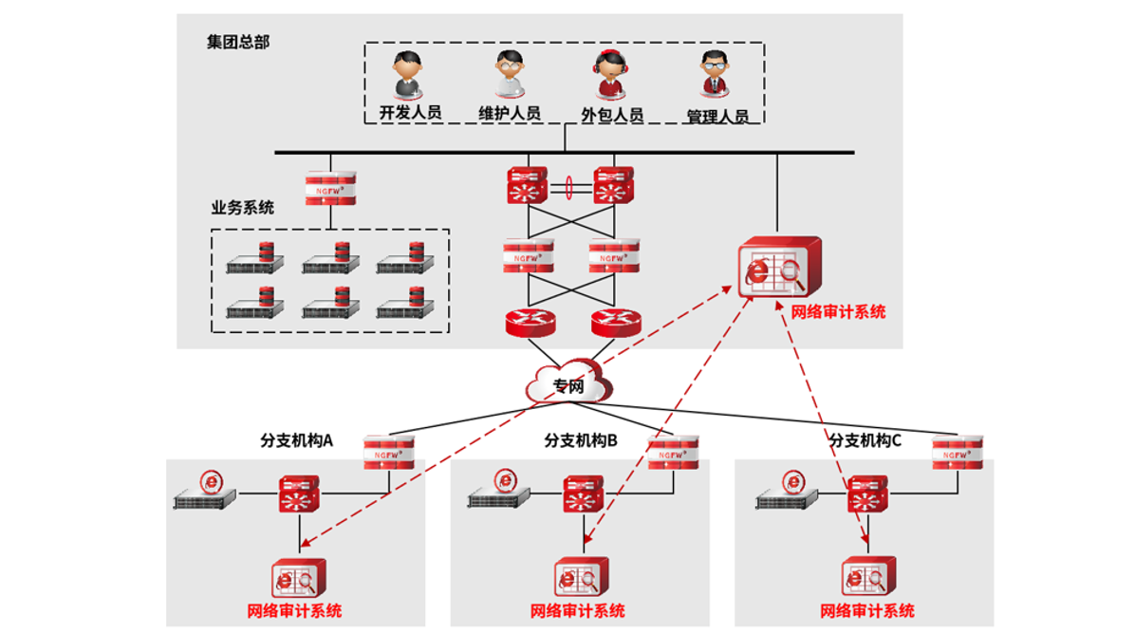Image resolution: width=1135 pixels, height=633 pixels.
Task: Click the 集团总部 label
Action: [x=238, y=43]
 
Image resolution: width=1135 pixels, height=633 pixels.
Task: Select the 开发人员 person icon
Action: [x=409, y=75]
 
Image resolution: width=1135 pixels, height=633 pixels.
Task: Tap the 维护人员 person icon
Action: [x=509, y=75]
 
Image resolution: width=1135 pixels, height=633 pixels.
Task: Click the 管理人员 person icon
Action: [x=715, y=75]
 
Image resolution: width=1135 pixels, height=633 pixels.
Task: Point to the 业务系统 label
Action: [x=242, y=208]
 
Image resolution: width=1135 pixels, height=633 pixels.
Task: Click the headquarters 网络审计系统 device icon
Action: [x=778, y=269]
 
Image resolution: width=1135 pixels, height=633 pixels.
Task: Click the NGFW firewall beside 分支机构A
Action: [x=390, y=452]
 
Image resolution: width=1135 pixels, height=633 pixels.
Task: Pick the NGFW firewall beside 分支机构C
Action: [x=957, y=452]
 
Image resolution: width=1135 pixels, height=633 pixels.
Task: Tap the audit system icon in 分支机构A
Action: [x=298, y=577]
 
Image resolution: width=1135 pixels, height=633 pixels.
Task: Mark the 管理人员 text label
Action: [x=717, y=117]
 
